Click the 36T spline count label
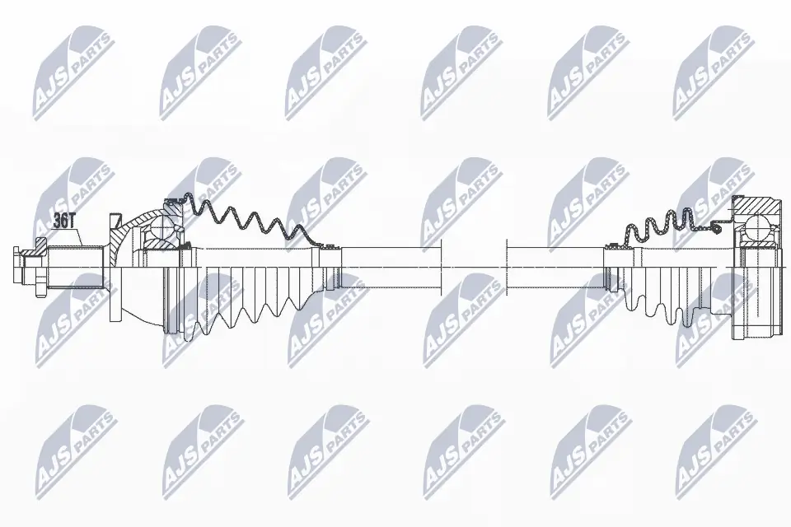[x=63, y=220]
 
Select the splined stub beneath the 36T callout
[x=74, y=264]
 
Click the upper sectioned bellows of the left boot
[x=247, y=221]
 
